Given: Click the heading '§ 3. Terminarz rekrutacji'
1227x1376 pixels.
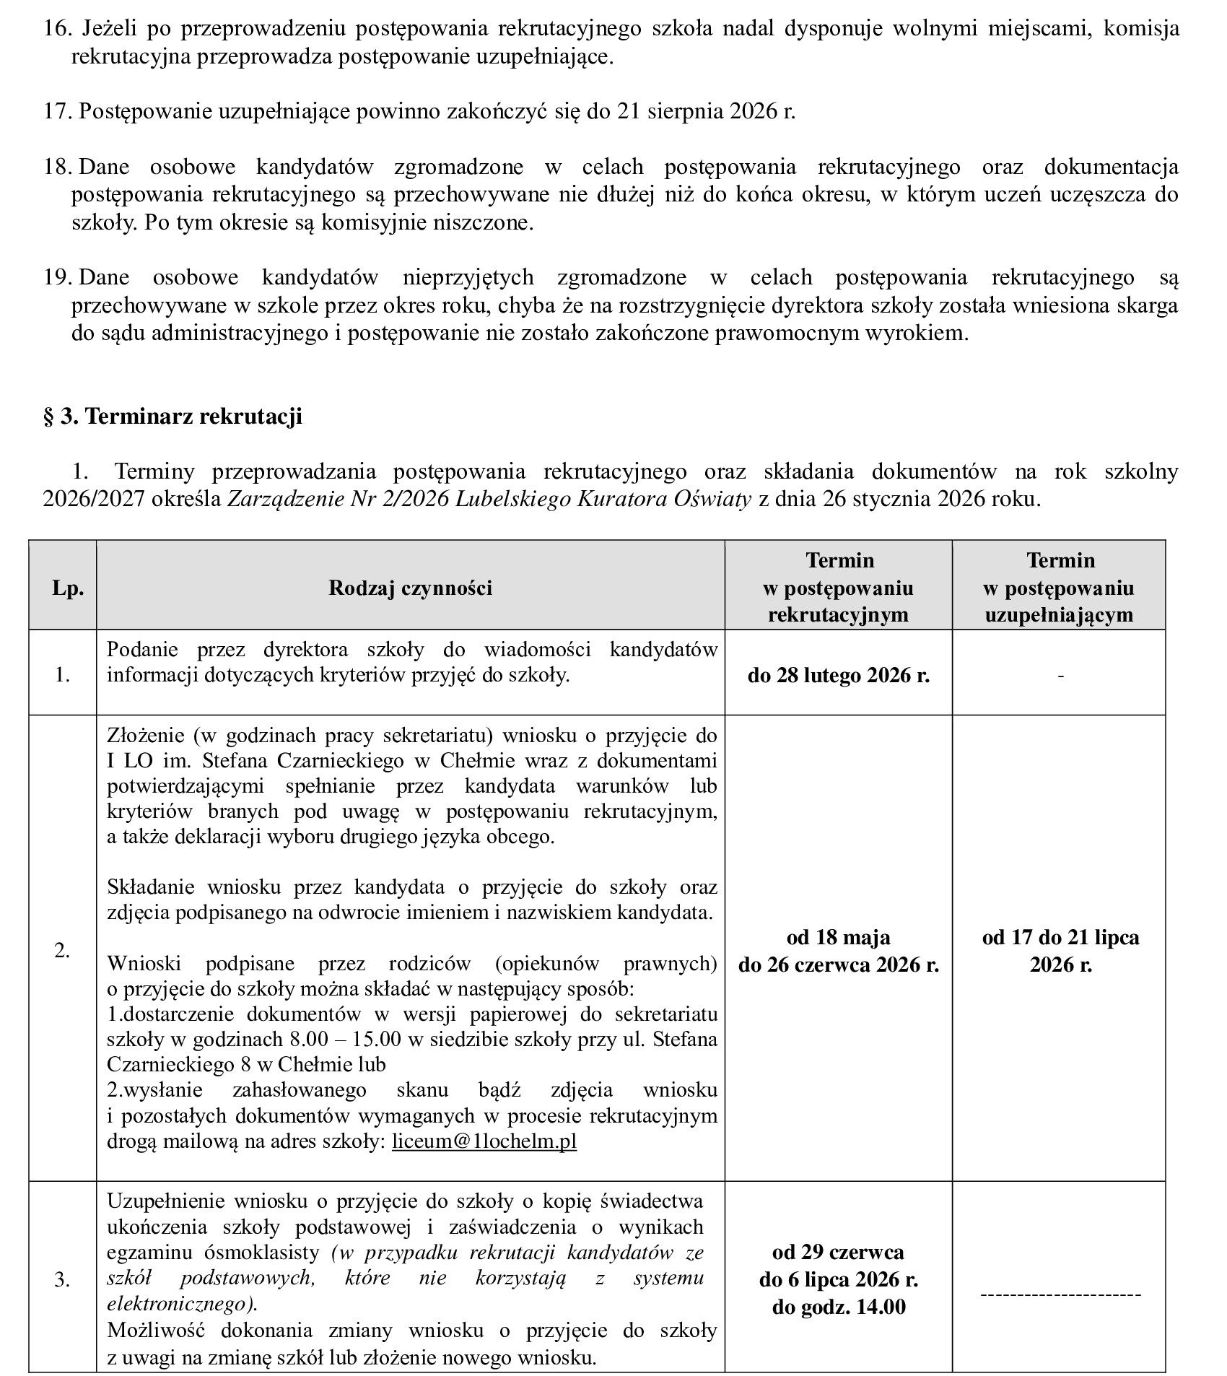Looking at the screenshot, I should pos(173,417).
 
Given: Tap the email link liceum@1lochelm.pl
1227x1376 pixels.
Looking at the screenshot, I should pos(484,1141).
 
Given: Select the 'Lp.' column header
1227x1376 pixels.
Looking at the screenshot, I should pos(68,588).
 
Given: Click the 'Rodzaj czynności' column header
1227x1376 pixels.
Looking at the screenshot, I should pos(410,588).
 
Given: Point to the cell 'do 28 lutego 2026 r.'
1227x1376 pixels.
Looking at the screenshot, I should pos(838,675).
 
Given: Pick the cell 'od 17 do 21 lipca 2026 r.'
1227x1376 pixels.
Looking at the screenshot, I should pos(1060,951).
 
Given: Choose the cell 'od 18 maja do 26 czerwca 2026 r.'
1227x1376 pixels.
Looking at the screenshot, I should pos(838,951).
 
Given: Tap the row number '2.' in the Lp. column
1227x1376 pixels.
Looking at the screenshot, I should pos(62,951).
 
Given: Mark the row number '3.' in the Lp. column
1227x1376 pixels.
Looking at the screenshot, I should pos(62,1280).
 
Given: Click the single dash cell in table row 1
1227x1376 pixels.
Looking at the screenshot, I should pos(1060,675).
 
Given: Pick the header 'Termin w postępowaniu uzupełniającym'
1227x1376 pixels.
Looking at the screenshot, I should pos(1060,588).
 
